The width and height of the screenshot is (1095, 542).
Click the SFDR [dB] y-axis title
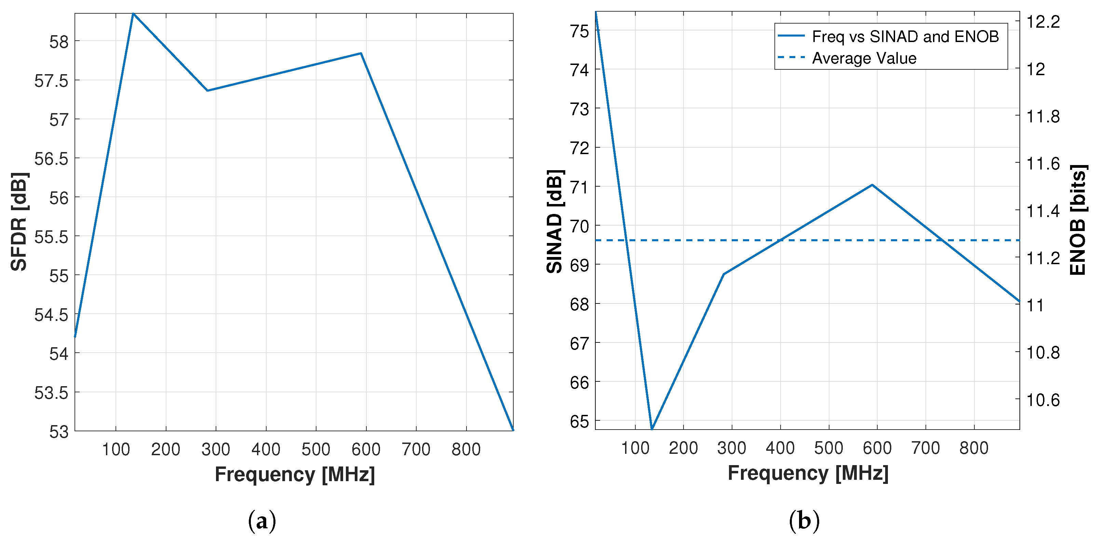tap(19, 221)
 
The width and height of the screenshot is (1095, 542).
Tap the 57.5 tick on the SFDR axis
tap(51, 81)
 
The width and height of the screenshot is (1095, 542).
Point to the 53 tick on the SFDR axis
tap(59, 432)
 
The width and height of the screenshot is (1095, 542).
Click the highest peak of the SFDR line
tap(133, 14)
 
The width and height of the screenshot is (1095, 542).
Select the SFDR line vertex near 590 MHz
tap(361, 54)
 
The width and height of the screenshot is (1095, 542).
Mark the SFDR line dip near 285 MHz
tap(207, 91)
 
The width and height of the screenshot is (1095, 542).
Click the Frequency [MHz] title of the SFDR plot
tap(295, 474)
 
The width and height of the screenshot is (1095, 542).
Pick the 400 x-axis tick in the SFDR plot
tap(266, 449)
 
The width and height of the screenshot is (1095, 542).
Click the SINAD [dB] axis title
tap(555, 221)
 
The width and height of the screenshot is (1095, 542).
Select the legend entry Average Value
tap(864, 58)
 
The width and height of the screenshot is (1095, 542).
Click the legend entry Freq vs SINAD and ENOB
tap(905, 37)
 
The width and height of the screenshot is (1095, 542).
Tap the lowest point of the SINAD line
tap(652, 429)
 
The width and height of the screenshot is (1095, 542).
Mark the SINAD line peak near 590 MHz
tap(872, 185)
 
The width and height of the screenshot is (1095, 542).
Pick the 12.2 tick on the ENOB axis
tap(1043, 22)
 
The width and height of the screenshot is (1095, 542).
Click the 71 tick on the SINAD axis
tap(580, 187)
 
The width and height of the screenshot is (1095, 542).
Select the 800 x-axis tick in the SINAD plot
tap(974, 448)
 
